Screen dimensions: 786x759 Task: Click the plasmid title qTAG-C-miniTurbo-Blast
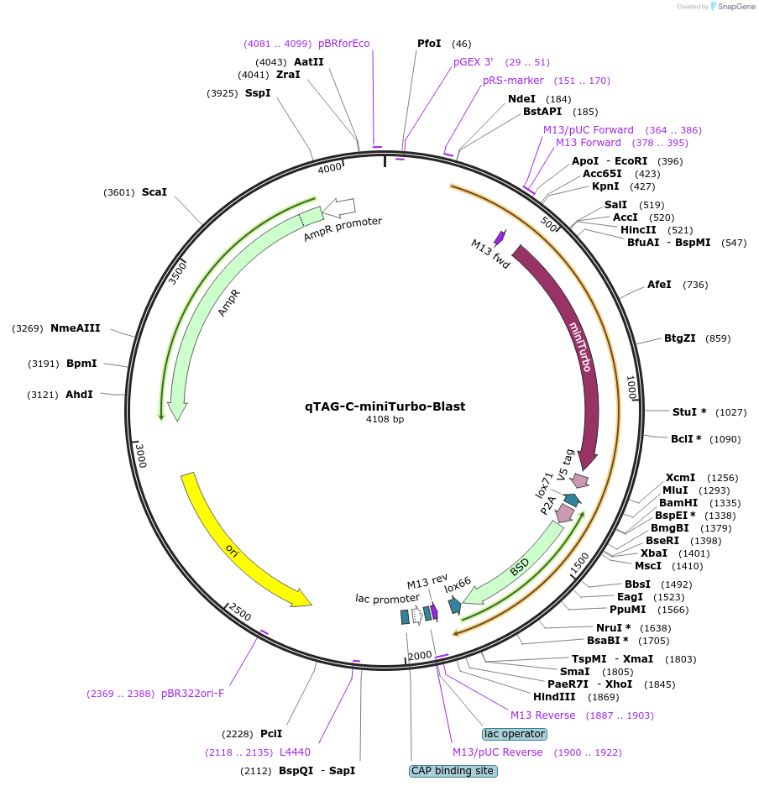[385, 406]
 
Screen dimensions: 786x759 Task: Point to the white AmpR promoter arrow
[339, 207]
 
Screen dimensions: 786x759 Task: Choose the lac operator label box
[515, 734]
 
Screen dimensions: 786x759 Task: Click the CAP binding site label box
[453, 771]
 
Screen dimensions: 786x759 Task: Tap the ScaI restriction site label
[154, 192]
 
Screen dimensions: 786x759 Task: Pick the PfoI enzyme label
[429, 44]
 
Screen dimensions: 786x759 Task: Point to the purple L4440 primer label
[295, 752]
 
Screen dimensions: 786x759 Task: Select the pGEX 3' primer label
[474, 62]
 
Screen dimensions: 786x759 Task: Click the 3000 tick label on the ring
[142, 457]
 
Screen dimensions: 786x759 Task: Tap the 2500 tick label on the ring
[240, 614]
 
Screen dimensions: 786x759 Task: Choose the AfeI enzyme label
[659, 285]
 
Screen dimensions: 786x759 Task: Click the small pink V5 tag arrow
[579, 481]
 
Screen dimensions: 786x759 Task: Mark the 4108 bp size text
[385, 419]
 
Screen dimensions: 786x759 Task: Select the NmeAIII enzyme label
[75, 328]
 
